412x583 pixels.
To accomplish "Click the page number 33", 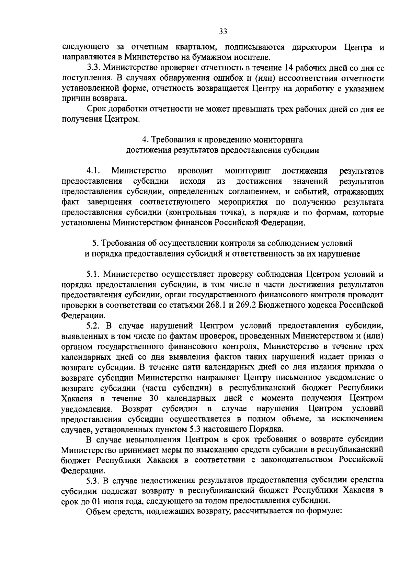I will [223, 32].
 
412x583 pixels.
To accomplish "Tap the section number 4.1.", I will [94, 171].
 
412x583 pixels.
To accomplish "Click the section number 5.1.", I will [94, 274].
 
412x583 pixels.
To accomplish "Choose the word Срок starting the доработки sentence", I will [97, 110].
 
